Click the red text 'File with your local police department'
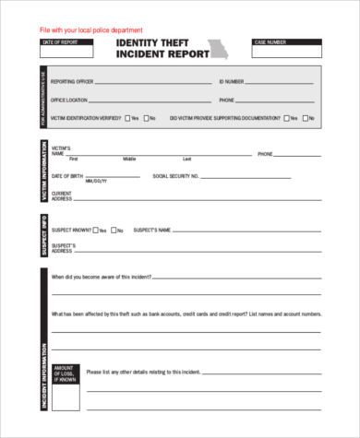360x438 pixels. click(90, 30)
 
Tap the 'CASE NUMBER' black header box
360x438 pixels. click(286, 42)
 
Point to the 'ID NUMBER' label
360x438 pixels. click(233, 82)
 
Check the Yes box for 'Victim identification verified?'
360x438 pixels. click(126, 118)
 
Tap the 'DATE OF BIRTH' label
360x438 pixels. click(66, 176)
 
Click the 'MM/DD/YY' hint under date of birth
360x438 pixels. click(95, 182)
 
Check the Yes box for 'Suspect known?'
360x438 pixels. click(95, 231)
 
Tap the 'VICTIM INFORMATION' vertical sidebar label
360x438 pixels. click(43, 172)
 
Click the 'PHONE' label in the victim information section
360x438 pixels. click(266, 153)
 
